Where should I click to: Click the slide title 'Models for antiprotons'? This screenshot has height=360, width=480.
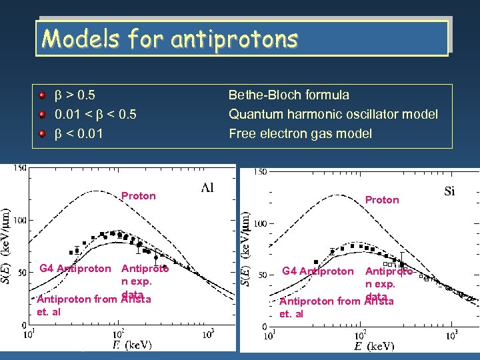click(169, 39)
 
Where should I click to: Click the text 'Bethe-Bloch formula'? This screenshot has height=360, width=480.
click(289, 95)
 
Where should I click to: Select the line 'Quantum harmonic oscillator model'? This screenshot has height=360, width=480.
click(333, 115)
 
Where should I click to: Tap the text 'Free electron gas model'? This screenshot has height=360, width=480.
click(300, 134)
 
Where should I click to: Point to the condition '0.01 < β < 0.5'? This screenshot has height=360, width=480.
click(96, 115)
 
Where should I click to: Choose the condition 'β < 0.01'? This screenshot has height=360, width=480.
click(79, 134)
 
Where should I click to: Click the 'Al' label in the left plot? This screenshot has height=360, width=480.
click(207, 188)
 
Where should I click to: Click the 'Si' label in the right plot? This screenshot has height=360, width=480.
click(449, 191)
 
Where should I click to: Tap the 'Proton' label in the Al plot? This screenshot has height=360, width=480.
click(139, 196)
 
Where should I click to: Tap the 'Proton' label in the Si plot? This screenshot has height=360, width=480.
click(382, 200)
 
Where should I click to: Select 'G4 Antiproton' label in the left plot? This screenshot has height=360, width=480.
click(75, 269)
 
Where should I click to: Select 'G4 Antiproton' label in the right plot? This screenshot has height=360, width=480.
click(318, 271)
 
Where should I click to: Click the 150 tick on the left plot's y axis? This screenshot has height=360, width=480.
click(19, 168)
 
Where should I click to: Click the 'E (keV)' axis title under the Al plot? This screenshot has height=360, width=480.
click(132, 345)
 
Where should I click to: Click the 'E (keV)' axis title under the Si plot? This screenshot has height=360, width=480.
click(374, 346)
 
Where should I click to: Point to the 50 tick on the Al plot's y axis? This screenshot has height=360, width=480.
click(21, 272)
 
